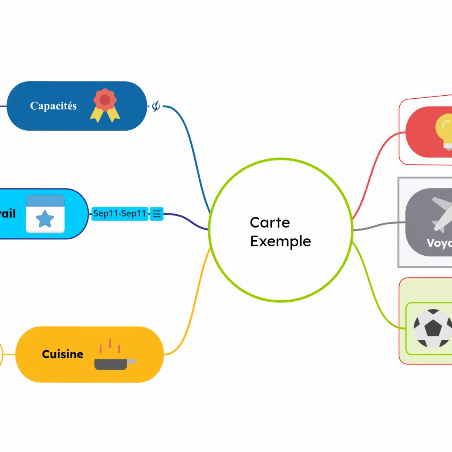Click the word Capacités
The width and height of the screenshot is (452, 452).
[53, 106]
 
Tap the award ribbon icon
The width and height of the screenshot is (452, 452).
[105, 105]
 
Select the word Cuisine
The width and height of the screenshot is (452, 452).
[63, 354]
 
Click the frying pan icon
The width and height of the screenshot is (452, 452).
[113, 363]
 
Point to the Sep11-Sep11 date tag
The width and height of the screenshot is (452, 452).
[119, 214]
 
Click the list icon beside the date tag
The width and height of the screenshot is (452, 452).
[157, 214]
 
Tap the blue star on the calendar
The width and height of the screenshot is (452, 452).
[45, 219]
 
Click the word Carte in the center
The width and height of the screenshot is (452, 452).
[270, 223]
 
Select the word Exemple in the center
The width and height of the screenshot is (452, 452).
[280, 241]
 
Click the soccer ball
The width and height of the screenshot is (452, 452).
[432, 328]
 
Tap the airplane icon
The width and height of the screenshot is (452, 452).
[441, 213]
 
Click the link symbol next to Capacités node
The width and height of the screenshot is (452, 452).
[156, 106]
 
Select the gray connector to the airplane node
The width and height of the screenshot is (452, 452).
[377, 226]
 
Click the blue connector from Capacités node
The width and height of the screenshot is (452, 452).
[192, 151]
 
